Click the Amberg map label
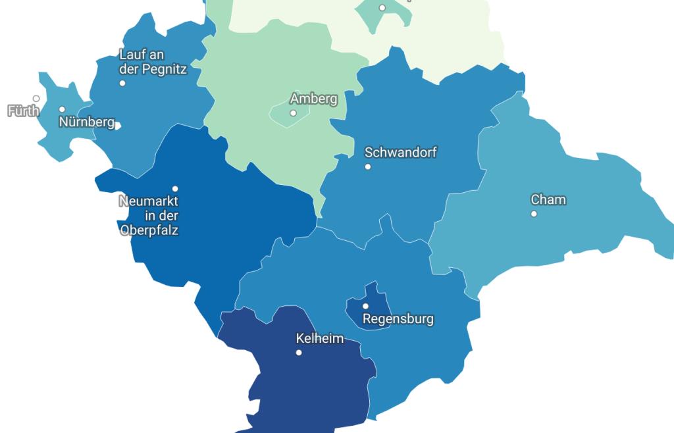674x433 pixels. tap(313, 99)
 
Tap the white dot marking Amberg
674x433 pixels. tap(293, 113)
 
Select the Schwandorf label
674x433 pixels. tap(400, 152)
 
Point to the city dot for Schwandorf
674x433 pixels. tap(368, 166)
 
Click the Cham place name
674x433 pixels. tap(548, 199)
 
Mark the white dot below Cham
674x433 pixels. tap(534, 214)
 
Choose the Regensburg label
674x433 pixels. tap(398, 319)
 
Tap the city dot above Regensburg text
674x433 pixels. tap(366, 306)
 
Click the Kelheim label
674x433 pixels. tap(320, 338)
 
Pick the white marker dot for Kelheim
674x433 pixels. tap(299, 353)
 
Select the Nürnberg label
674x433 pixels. tap(86, 122)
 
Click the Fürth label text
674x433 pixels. tap(23, 111)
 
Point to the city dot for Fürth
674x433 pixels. tap(36, 99)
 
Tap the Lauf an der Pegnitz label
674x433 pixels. tap(153, 62)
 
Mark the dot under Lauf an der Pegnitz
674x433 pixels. tap(122, 83)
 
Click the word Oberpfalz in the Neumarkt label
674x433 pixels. tap(149, 230)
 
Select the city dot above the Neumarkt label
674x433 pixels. tap(175, 189)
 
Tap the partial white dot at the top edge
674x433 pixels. tap(382, 7)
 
